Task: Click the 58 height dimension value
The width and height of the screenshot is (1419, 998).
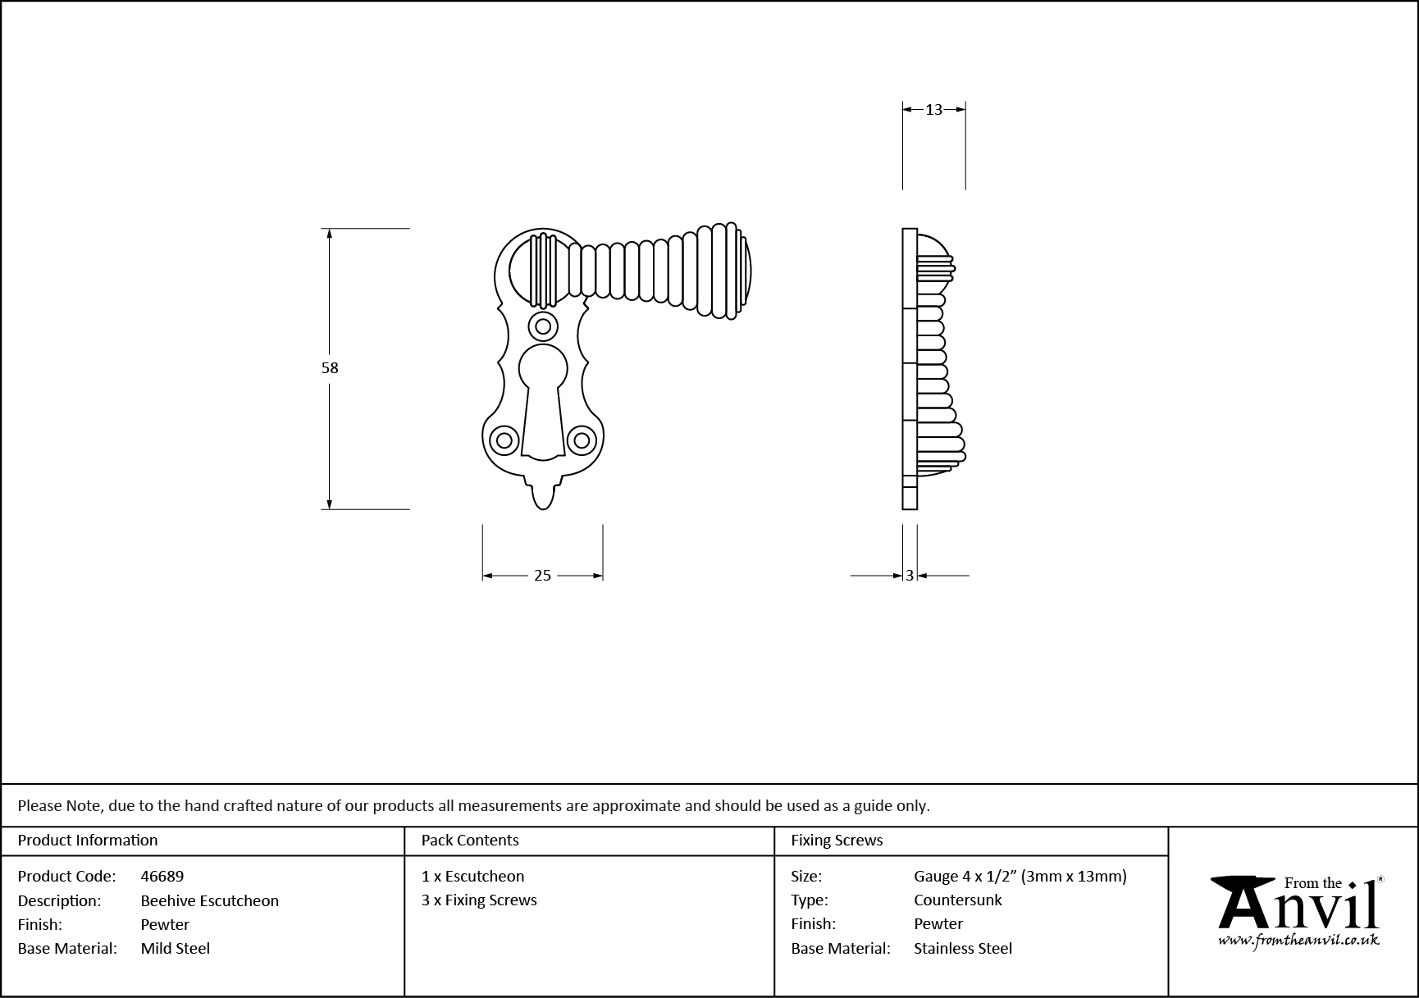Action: click(330, 368)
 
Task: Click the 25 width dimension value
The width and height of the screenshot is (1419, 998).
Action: click(542, 576)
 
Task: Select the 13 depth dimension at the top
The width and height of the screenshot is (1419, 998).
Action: click(933, 109)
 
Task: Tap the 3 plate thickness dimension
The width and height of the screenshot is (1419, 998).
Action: click(910, 576)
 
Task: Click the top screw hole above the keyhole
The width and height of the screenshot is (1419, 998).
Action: click(542, 326)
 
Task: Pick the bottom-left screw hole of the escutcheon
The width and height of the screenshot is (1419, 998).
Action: click(504, 440)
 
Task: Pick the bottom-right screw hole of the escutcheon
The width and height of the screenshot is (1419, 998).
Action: click(582, 440)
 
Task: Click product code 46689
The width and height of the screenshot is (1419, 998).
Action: click(162, 876)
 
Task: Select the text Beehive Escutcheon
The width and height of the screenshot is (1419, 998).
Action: click(210, 900)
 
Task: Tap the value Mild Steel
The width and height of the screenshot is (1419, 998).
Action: click(176, 948)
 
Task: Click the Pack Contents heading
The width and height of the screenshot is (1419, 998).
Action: click(470, 841)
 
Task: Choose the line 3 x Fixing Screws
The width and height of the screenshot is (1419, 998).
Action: click(479, 900)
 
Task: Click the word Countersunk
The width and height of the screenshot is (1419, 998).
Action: click(958, 900)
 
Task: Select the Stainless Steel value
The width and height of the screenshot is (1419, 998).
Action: click(963, 948)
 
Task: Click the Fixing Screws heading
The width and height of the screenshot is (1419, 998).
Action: click(837, 841)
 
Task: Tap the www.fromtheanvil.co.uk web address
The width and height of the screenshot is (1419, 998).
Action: click(1298, 941)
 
